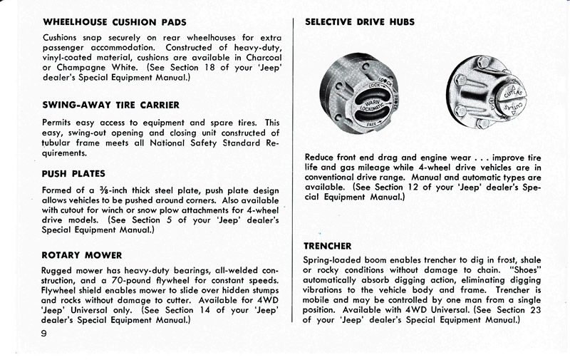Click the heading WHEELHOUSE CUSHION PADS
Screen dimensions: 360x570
pyautogui.click(x=114, y=22)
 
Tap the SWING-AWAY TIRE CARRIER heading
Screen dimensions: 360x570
pyautogui.click(x=110, y=105)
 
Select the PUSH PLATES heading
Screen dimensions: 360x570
pyautogui.click(x=73, y=173)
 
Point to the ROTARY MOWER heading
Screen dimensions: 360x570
pyautogui.click(x=82, y=254)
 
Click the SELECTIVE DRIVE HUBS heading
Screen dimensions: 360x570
pyautogui.click(x=359, y=22)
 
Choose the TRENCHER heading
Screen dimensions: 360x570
pyautogui.click(x=328, y=246)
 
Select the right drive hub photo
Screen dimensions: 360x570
pyautogui.click(x=486, y=93)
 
